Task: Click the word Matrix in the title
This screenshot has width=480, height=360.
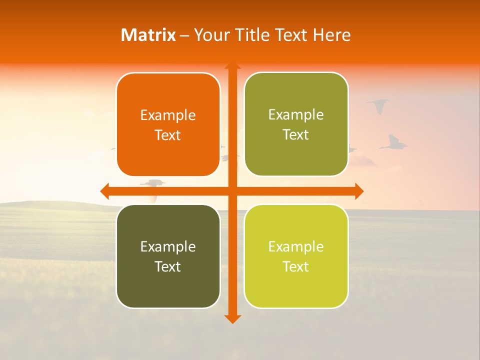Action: point(148,35)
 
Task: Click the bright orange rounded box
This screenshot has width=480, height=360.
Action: point(168,124)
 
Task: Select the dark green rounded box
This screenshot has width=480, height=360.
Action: point(168,256)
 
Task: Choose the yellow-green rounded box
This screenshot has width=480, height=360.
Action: point(296,256)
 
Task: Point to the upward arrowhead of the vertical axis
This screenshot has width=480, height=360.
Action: point(232,65)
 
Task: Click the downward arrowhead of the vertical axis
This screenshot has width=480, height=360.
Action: point(232,318)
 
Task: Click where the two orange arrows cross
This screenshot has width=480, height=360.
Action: point(232,191)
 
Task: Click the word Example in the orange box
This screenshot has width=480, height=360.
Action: point(168,115)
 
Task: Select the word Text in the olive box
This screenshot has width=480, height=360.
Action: point(296,134)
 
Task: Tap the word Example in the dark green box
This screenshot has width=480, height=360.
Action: point(168,246)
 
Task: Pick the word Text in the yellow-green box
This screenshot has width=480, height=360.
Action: point(296,266)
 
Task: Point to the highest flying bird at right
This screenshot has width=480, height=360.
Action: point(378,105)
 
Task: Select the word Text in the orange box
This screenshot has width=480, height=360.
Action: point(168,135)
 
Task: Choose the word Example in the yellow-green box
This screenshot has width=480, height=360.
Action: point(296,246)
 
